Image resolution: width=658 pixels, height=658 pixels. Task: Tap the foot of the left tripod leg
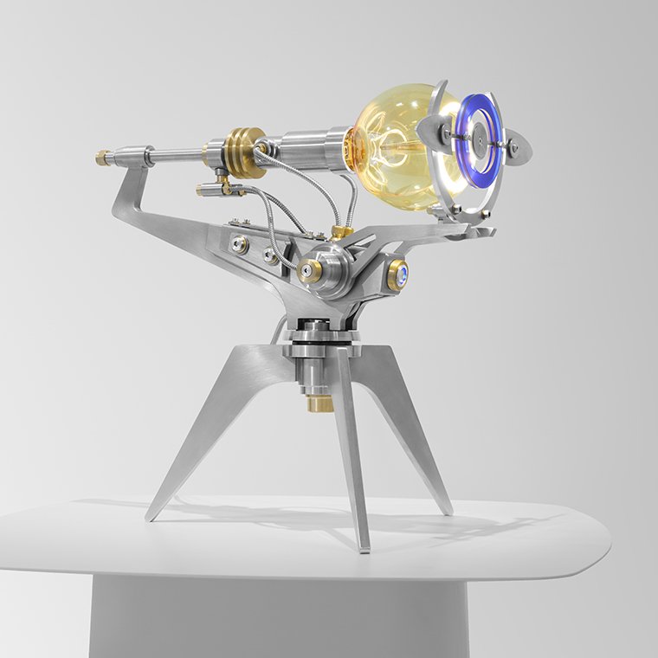(x=152, y=516)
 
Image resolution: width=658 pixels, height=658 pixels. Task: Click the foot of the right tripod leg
(x=447, y=510)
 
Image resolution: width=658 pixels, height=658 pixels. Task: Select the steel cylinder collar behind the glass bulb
(x=312, y=143)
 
